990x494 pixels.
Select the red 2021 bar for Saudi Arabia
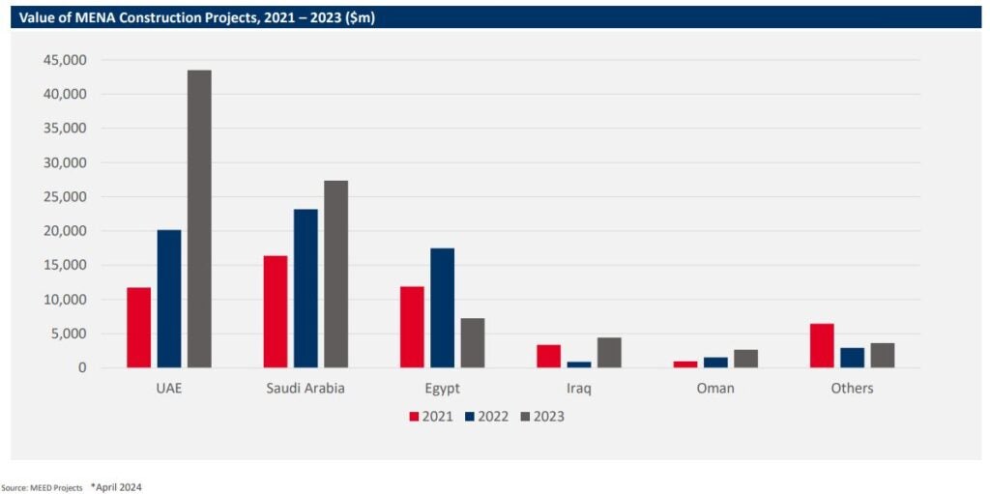point(276,311)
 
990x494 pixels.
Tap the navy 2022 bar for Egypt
point(442,307)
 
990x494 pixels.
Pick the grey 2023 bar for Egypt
point(473,342)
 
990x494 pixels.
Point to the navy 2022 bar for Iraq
point(579,364)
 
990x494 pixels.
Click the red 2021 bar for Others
point(822,345)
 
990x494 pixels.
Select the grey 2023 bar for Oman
point(745,359)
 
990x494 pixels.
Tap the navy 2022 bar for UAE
point(169,299)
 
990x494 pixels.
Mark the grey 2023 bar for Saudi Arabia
point(335,274)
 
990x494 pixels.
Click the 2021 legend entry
point(431,417)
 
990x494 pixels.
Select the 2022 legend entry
point(486,417)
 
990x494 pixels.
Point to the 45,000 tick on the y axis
point(66,60)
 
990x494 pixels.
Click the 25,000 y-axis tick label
point(66,197)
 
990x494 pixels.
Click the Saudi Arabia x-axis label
point(305,389)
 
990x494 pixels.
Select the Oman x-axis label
point(715,389)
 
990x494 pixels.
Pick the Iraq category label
point(579,389)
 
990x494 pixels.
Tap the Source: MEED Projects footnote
point(42,487)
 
